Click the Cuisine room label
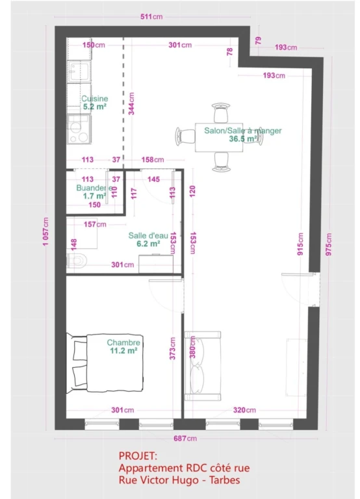(x=94, y=99)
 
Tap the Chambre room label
(x=123, y=342)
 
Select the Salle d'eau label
(x=148, y=235)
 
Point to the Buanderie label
(x=94, y=188)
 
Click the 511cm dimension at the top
(x=151, y=16)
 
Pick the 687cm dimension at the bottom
(x=185, y=438)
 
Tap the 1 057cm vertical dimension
(x=46, y=231)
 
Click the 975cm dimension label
(x=329, y=244)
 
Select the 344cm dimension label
(x=131, y=103)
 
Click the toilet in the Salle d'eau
(x=77, y=261)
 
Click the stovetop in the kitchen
(x=79, y=129)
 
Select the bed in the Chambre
(x=105, y=363)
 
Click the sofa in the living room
(x=203, y=366)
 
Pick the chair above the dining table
(x=221, y=112)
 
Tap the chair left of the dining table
(x=185, y=136)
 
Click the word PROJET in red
(x=138, y=455)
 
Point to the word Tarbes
(x=224, y=480)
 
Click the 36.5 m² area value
(x=243, y=139)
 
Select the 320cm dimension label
(x=244, y=410)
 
